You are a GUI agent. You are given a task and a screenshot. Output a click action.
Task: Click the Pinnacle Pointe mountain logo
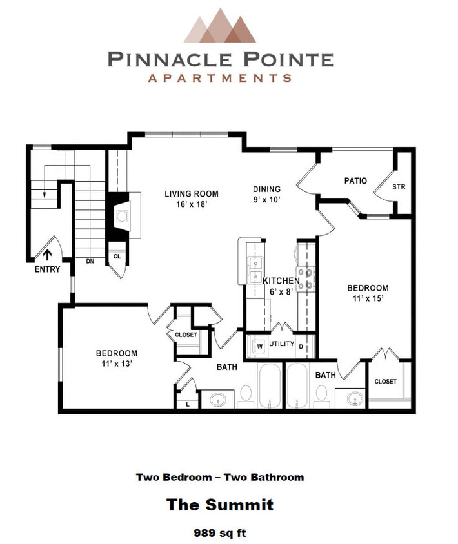click(x=220, y=26)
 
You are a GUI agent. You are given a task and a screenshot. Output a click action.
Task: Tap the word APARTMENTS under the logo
click(x=220, y=78)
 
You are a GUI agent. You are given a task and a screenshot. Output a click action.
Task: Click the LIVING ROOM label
click(x=191, y=193)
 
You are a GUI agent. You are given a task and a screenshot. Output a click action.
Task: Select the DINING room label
click(x=266, y=189)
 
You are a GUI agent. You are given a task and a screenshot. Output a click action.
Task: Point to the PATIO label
click(x=355, y=180)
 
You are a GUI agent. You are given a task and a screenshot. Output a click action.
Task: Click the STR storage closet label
click(x=399, y=187)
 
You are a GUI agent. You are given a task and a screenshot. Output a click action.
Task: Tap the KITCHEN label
click(x=281, y=281)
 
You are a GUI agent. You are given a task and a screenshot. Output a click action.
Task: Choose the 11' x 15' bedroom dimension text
click(x=368, y=298)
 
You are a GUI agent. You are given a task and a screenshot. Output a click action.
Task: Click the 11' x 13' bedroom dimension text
click(x=116, y=364)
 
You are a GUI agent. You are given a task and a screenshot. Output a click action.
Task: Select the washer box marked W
click(x=259, y=345)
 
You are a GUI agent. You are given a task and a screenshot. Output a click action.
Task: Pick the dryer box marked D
click(x=301, y=346)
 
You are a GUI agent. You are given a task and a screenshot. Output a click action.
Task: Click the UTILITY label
click(x=281, y=344)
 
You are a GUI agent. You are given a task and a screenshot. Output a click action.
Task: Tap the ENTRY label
click(x=47, y=269)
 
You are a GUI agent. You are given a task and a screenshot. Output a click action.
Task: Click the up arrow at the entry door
click(x=46, y=255)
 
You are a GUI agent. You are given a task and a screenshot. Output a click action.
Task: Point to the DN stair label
click(x=90, y=262)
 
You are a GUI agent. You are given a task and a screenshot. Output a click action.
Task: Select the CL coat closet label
click(x=117, y=256)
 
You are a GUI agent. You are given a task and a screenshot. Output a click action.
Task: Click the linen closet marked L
click(x=187, y=403)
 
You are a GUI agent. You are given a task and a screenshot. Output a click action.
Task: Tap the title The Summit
click(x=220, y=504)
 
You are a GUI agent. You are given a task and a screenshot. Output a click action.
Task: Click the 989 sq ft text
click(x=220, y=532)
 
